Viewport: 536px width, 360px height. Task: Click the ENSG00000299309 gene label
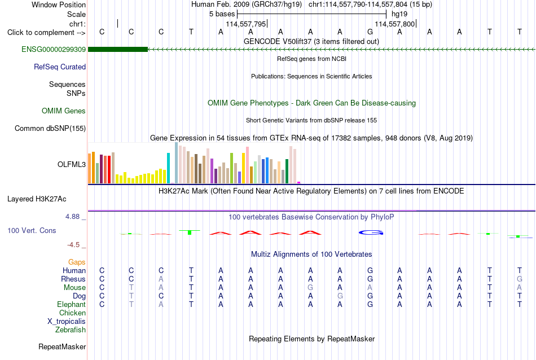54,50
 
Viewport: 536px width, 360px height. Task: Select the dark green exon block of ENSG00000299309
118,50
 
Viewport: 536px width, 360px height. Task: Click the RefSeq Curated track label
60,67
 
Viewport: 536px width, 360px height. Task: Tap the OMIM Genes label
64,111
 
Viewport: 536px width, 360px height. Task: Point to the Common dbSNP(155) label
50,129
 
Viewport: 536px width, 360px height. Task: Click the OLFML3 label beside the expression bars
72,164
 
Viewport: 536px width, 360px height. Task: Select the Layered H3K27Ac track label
37,199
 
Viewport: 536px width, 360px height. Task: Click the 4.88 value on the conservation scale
72,217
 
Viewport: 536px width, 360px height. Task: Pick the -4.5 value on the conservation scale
73,245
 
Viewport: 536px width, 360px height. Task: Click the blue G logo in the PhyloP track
371,233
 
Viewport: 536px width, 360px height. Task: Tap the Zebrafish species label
71,330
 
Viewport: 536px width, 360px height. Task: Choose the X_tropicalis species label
67,322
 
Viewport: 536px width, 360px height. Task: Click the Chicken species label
72,313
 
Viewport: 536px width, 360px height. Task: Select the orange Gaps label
77,262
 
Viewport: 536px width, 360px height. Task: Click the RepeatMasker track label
62,346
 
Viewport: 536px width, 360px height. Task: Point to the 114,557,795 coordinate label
246,24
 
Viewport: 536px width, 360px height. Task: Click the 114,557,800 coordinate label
395,24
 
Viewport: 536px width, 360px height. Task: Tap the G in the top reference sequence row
370,32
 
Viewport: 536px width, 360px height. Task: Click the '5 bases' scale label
222,14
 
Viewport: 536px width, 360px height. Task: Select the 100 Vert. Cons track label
32,231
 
